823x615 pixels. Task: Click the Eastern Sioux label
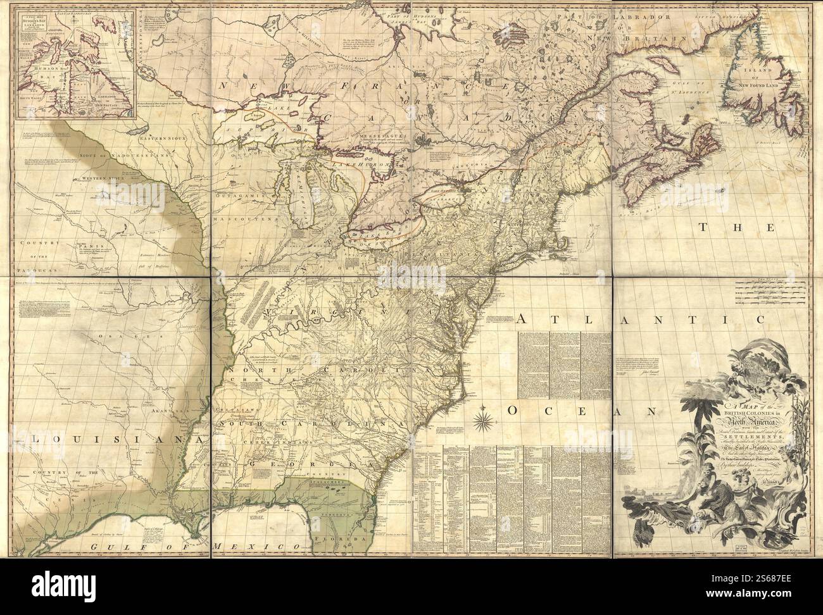[161, 137]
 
